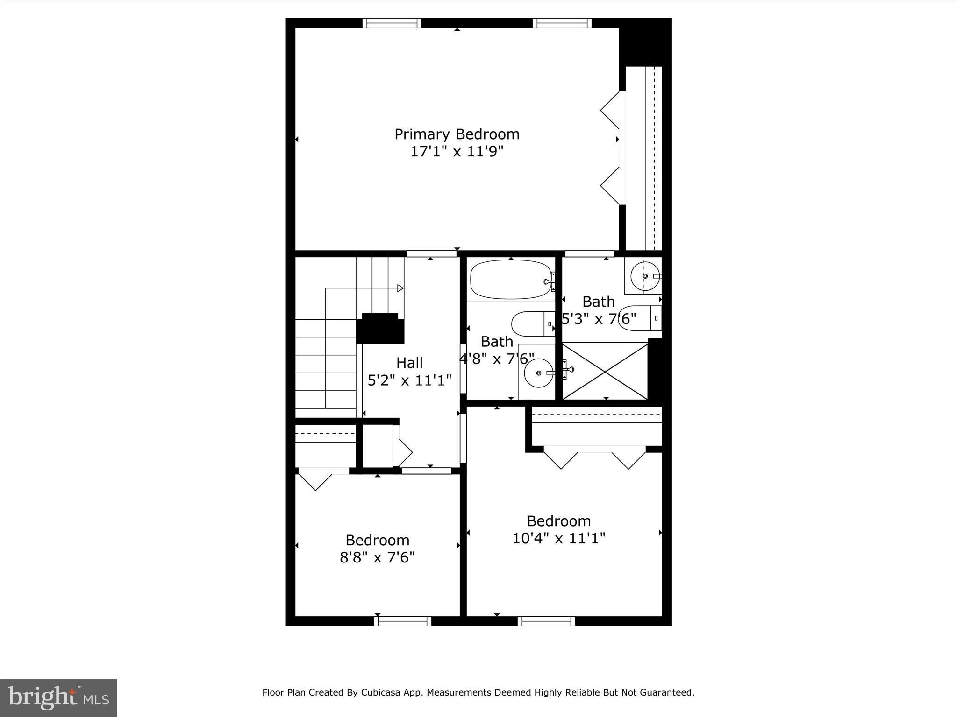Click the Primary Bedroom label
coord(457,134)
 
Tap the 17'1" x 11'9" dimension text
coord(457,152)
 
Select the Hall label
coord(409,363)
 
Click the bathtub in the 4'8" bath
coord(511,280)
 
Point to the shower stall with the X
coord(605,372)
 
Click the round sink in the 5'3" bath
coord(645,276)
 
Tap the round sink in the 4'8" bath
coord(539,373)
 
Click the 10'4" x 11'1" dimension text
coord(558,539)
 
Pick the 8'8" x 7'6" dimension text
coord(377,558)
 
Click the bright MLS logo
coord(58,698)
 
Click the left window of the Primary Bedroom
coord(392,23)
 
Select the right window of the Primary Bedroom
coord(562,23)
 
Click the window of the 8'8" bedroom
coord(402,621)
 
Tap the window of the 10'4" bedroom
coord(546,621)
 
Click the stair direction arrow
coord(400,288)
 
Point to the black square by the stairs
coord(380,329)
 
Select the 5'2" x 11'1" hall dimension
coord(409,380)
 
